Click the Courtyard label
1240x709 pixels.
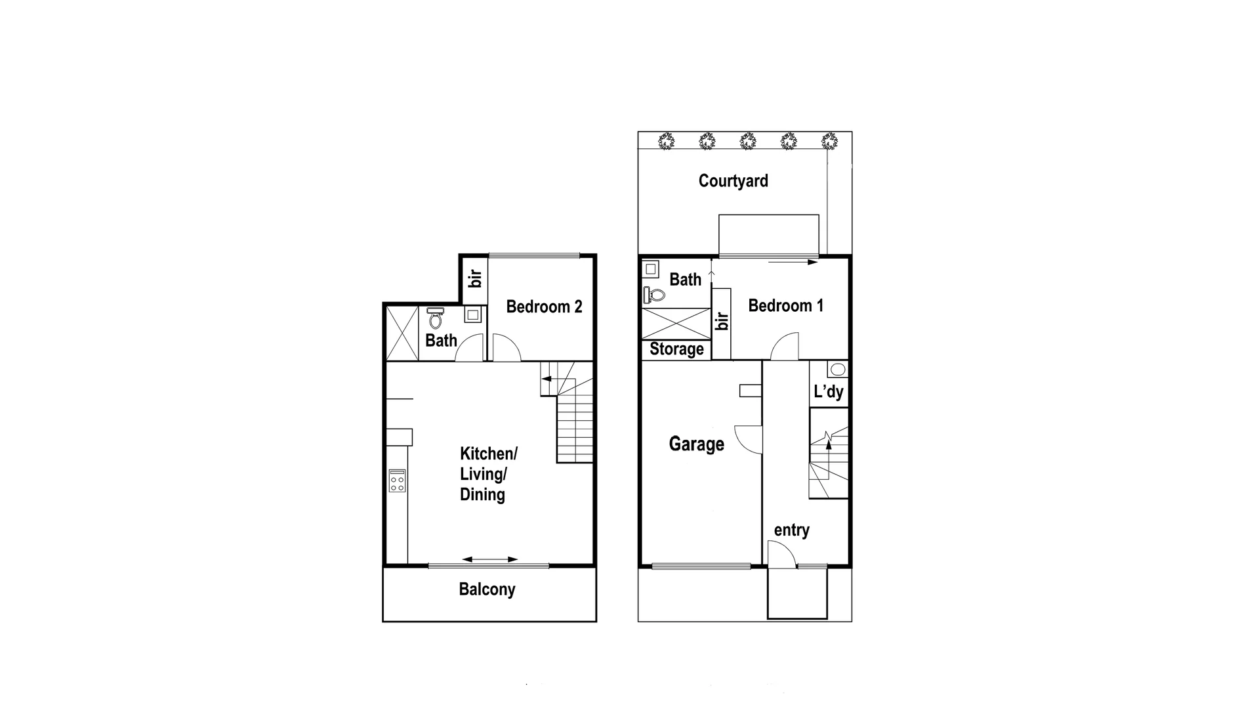(733, 181)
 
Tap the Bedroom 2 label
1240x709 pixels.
(544, 307)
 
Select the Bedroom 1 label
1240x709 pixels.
(785, 305)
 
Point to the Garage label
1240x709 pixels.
(696, 444)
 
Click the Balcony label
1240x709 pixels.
(487, 589)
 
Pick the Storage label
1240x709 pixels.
(676, 349)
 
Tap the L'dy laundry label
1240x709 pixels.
(828, 392)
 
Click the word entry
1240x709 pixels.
(791, 530)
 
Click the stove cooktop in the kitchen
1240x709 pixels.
(397, 481)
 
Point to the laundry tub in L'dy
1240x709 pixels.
(837, 369)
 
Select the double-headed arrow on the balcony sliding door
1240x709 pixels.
(489, 559)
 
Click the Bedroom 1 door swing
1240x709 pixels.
(785, 348)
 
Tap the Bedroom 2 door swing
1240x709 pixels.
(505, 349)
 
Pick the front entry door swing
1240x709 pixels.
(781, 554)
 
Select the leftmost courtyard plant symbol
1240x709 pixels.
(667, 140)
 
